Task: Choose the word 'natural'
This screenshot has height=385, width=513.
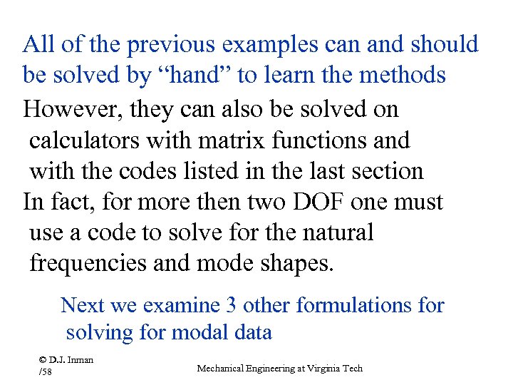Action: point(334,233)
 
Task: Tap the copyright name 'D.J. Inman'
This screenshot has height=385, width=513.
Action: point(68,360)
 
